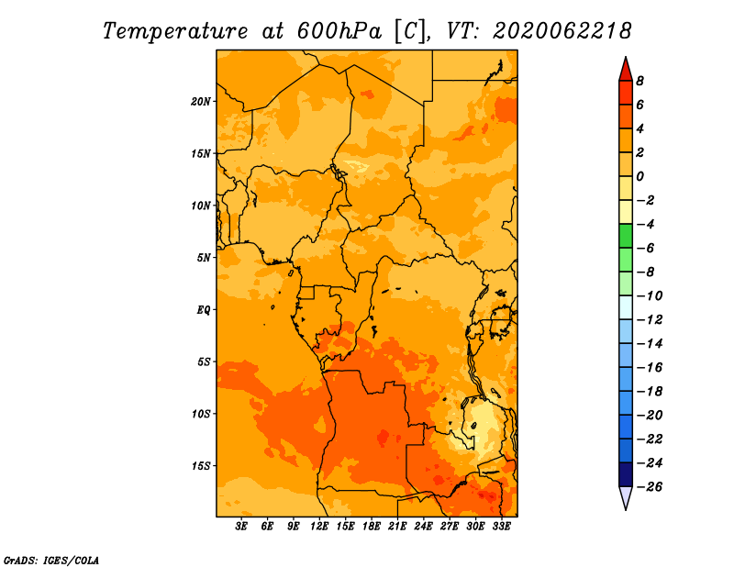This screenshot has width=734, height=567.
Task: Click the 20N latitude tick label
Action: pos(201,102)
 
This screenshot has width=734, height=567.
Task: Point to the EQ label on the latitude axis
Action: pos(203,310)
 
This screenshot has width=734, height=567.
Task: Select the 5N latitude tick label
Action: pos(204,258)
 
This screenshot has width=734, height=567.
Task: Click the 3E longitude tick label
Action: pos(241,527)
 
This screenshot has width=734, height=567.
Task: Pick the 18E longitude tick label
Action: pos(372,527)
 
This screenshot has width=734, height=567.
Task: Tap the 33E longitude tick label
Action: pos(501,527)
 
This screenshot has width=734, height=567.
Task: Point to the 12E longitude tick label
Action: pos(319,527)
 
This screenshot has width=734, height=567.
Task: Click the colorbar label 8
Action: pos(639,81)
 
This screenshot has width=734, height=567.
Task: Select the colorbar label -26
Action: pos(650,487)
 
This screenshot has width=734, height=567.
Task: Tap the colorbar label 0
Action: pos(639,176)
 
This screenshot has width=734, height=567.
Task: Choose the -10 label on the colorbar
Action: pos(650,296)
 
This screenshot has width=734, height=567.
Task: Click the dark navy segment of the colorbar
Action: pos(626,474)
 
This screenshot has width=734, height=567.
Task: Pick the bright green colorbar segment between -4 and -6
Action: pos(626,236)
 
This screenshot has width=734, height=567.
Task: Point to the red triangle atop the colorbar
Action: pos(626,70)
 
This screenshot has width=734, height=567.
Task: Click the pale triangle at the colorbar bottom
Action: pos(626,498)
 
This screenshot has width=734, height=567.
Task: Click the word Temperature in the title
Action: pos(175,31)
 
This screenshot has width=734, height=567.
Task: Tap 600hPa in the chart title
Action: pos(339,31)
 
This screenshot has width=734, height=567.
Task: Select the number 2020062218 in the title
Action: pos(562,31)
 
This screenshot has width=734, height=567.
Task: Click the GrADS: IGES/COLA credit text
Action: pos(51,561)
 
